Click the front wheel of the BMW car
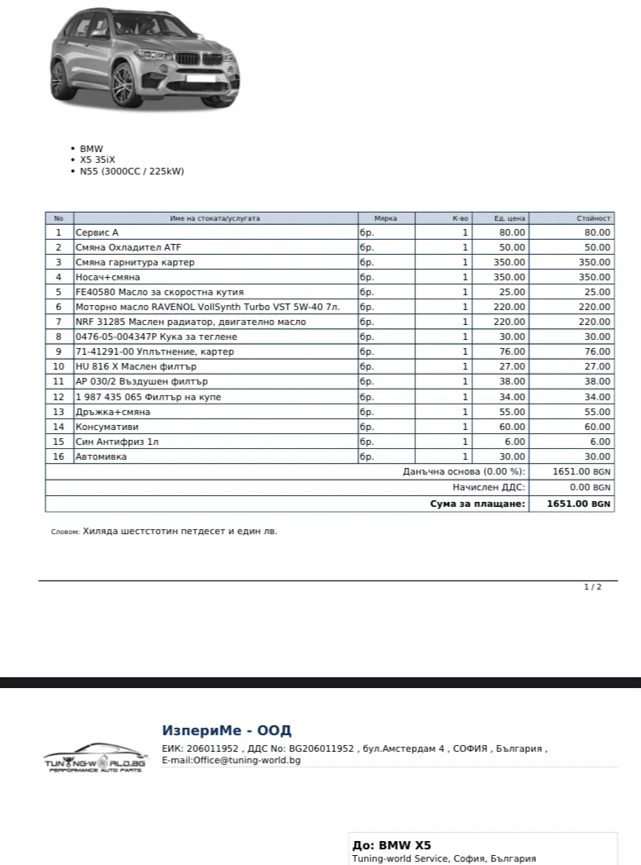pos(122,84)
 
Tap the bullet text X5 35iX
pos(98,160)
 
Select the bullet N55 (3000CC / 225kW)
pos(132,171)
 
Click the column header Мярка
pos(385,218)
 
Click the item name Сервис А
pos(97,232)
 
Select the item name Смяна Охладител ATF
pos(127,247)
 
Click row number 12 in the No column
pos(59,397)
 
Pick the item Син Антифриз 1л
pos(117,442)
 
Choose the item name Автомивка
pos(101,456)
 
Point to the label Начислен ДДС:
pos(488,487)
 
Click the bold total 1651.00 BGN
pos(578,503)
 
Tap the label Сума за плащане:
pos(477,503)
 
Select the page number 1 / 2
pos(592,586)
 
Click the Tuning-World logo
pos(94,757)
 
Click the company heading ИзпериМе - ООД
pos(226,731)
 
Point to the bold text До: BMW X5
pos(391,845)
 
